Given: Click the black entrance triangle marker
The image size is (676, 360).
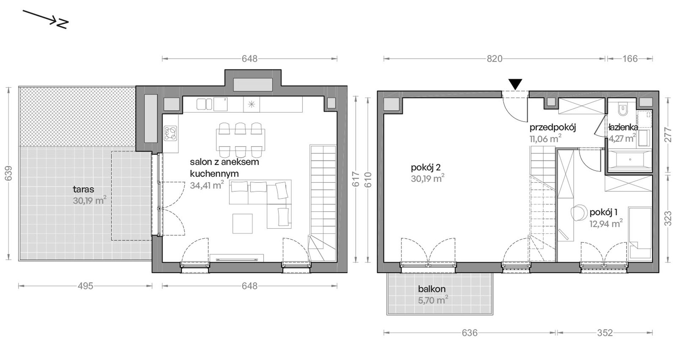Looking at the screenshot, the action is pos(515,84).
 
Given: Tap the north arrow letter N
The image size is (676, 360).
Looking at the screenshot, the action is pos(62,24).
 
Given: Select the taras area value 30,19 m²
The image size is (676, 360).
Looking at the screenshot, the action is pos(90,200).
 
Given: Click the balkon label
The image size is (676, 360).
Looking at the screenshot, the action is pos(432,289).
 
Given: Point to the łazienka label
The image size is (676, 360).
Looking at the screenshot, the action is pos(623,127).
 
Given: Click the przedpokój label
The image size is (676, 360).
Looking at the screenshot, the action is pos(553,127).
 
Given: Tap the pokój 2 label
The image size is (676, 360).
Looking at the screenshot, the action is pos(426,167).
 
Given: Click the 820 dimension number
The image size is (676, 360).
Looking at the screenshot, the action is pos(495,59).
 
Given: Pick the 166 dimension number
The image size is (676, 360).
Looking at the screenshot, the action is pos(630,59).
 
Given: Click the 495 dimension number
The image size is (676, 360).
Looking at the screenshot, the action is pos(85,286).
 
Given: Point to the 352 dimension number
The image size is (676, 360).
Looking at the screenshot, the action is pos(605,333).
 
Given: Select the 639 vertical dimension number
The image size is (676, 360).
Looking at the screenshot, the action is pos(9,173).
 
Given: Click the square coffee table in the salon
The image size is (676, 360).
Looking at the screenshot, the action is pos(243,223).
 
